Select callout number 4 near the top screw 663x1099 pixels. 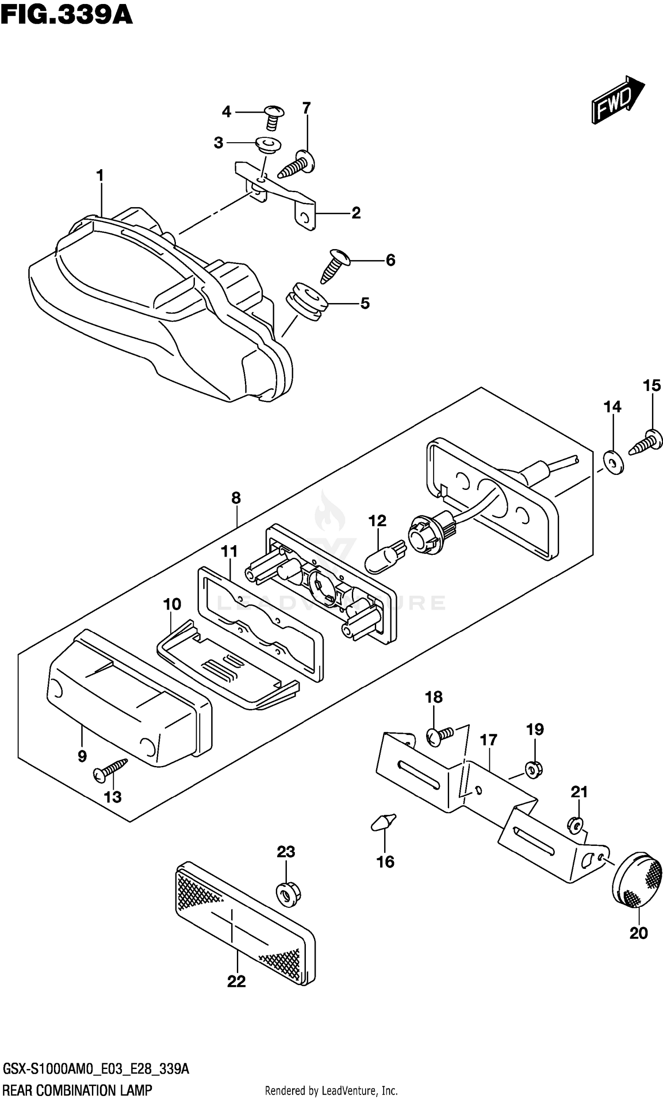[227, 111]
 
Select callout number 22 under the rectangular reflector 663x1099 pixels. [236, 981]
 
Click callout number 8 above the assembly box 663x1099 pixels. [236, 498]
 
